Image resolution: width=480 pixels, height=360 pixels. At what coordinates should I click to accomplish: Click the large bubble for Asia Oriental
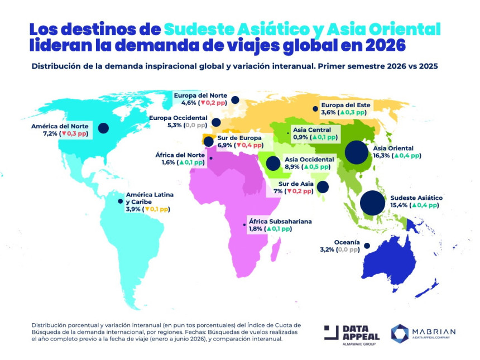click(x=357, y=152)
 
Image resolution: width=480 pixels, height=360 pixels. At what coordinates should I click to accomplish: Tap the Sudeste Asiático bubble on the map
click(x=372, y=203)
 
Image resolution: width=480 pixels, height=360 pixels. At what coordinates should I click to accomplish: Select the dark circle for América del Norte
click(x=103, y=128)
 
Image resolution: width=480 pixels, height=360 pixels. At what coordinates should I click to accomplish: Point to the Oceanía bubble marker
click(x=367, y=246)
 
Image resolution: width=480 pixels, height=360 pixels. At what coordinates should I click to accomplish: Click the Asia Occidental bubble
click(x=273, y=163)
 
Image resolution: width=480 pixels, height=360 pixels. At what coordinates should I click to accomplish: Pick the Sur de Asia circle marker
click(x=323, y=187)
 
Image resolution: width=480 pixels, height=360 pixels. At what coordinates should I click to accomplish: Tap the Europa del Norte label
click(x=199, y=95)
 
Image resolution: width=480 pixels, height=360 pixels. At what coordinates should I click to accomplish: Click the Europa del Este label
click(x=345, y=105)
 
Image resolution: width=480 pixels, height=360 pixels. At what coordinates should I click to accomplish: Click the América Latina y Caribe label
click(x=150, y=198)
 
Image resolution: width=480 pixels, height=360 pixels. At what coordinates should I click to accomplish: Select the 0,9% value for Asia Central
click(x=301, y=137)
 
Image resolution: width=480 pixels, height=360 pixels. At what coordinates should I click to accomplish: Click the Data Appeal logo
click(x=353, y=333)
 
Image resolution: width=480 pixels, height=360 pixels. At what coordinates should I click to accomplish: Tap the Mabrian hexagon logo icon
click(x=400, y=333)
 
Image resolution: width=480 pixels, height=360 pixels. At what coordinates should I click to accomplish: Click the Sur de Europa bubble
click(x=209, y=141)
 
